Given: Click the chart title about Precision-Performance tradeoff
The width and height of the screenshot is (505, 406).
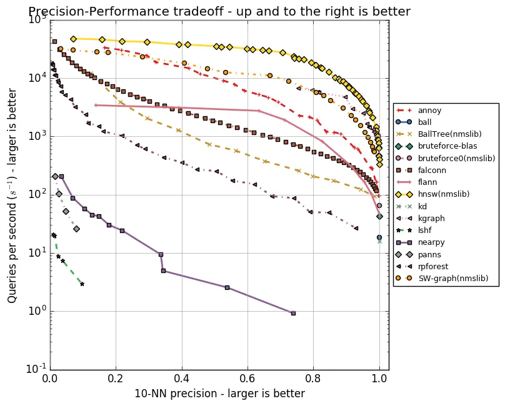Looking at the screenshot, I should click(x=219, y=11).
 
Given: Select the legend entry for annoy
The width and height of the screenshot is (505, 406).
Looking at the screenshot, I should click(x=429, y=111).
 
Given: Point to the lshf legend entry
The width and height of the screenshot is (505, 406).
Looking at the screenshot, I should click(x=425, y=230).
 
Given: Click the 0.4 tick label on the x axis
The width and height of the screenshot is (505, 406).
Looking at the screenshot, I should click(x=181, y=379).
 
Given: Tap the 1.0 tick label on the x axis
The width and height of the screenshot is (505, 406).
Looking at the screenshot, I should click(x=379, y=379).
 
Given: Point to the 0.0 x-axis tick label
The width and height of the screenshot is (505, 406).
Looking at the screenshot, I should click(x=50, y=379).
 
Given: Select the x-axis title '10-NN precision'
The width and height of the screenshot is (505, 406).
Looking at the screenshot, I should click(x=219, y=394).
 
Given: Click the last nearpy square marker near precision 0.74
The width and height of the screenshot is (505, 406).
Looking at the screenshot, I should click(x=293, y=313).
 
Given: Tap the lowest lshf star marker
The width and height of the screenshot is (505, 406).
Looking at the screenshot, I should click(x=82, y=284).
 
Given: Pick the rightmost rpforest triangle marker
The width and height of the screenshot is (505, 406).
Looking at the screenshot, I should click(x=356, y=229).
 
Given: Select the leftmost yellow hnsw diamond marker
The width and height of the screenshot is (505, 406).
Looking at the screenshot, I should click(x=73, y=39).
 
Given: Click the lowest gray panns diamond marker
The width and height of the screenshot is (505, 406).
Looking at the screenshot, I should click(x=76, y=229).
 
